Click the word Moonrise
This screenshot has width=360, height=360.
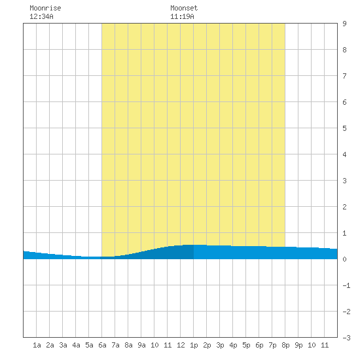(45, 8)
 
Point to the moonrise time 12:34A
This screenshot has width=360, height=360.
(41, 16)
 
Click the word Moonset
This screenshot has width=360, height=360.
(184, 8)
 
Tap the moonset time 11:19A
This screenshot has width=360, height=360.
(182, 16)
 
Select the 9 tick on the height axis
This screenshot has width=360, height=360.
(344, 24)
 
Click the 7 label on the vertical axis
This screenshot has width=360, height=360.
(344, 76)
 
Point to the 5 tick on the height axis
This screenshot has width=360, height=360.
(344, 128)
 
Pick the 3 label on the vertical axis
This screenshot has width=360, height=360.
(344, 181)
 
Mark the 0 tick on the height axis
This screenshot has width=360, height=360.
(344, 259)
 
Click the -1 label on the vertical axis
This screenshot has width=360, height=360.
(346, 285)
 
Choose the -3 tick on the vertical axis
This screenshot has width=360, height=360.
(346, 338)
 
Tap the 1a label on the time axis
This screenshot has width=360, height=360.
(37, 345)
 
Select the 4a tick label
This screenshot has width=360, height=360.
(76, 345)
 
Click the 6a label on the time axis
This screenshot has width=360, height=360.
(102, 345)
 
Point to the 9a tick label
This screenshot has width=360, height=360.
(141, 345)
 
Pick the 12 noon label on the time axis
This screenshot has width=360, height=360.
(181, 345)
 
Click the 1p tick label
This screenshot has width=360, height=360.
(194, 345)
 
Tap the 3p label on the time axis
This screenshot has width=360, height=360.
(220, 345)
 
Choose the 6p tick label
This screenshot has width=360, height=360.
(259, 345)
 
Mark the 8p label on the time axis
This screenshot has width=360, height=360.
(285, 345)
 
